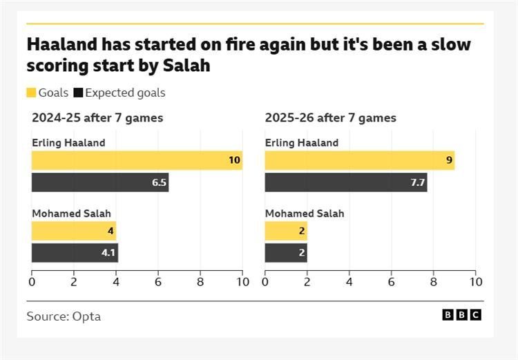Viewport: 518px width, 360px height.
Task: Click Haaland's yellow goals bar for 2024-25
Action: coord(137,160)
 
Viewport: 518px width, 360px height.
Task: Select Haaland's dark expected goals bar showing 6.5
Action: coord(100,182)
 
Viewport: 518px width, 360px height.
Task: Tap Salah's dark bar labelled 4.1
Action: coord(75,253)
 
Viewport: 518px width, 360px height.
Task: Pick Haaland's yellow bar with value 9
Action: coord(359,160)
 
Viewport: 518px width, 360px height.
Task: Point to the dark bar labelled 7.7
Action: coord(346,182)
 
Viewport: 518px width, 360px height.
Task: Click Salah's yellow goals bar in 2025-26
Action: coord(286,231)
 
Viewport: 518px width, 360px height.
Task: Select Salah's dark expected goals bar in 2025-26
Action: coord(286,253)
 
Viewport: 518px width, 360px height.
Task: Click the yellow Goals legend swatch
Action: coord(31,93)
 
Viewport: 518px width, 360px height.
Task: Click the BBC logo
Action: coord(461,315)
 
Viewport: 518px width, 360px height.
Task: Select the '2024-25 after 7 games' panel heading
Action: coord(97,117)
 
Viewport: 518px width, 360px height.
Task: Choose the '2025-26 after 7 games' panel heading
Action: coord(331,117)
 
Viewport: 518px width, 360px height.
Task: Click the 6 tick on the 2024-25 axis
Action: coord(158,281)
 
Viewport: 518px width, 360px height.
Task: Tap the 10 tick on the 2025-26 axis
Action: coord(476,281)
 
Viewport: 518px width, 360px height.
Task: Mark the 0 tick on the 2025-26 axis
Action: coord(265,281)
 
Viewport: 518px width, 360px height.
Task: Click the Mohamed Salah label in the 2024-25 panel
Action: coord(71,214)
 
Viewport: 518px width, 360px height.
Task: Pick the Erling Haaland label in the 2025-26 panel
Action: coord(302,143)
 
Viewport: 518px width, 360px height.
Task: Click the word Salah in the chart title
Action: coord(186,66)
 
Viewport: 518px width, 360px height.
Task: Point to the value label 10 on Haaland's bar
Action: coord(234,160)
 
